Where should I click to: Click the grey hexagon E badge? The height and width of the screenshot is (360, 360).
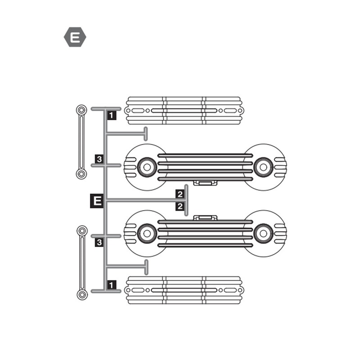tap(75, 37)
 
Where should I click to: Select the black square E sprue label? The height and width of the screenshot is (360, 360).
tap(97, 201)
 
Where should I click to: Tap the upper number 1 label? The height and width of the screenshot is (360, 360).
tap(111, 115)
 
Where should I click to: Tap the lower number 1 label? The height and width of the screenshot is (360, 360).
tap(111, 285)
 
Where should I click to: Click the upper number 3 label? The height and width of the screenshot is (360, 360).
tap(99, 159)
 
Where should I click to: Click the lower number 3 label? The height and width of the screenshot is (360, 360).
tap(99, 242)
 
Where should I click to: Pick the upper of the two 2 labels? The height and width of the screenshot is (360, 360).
tap(180, 194)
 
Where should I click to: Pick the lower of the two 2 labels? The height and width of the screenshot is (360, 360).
tap(180, 206)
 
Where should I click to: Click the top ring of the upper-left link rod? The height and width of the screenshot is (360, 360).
tap(81, 110)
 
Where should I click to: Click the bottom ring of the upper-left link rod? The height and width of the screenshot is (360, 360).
tap(81, 174)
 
